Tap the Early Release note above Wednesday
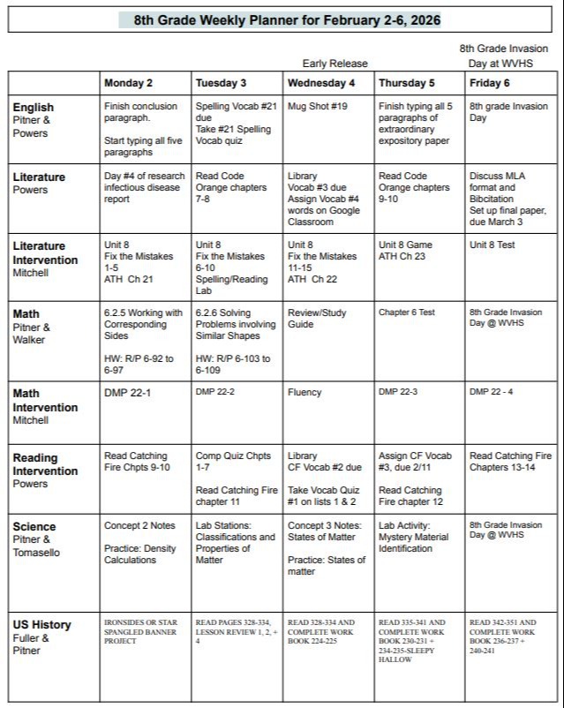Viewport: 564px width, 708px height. [x=335, y=64]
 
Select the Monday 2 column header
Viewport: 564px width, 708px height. [x=128, y=83]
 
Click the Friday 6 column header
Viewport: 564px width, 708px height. [x=490, y=83]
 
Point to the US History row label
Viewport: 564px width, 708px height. [x=41, y=625]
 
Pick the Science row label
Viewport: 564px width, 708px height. [x=34, y=527]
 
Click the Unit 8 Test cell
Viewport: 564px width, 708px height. [x=492, y=245]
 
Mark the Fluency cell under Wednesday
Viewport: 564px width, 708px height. [x=305, y=392]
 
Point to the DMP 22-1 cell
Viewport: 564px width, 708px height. [x=127, y=392]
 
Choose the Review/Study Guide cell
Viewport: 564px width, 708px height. [x=317, y=318]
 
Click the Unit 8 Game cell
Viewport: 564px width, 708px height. [x=405, y=245]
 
